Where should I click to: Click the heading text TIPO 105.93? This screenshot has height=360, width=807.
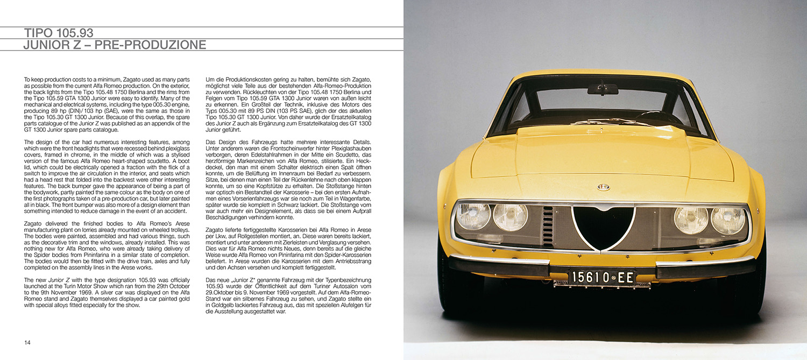click(x=62, y=33)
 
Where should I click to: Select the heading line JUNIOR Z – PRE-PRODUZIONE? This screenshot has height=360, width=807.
click(x=114, y=45)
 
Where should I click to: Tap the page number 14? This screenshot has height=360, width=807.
click(x=27, y=342)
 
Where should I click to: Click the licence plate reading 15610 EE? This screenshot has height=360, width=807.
click(x=602, y=278)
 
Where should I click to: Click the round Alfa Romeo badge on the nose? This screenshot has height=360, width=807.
click(x=603, y=187)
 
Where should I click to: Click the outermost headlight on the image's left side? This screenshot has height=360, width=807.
click(x=473, y=216)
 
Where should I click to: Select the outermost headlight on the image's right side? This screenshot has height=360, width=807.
click(x=728, y=221)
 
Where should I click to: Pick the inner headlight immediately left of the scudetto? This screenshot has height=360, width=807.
click(x=510, y=217)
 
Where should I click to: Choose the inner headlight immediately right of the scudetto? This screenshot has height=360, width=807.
click(x=691, y=220)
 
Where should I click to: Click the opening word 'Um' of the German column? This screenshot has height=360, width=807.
click(x=210, y=80)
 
